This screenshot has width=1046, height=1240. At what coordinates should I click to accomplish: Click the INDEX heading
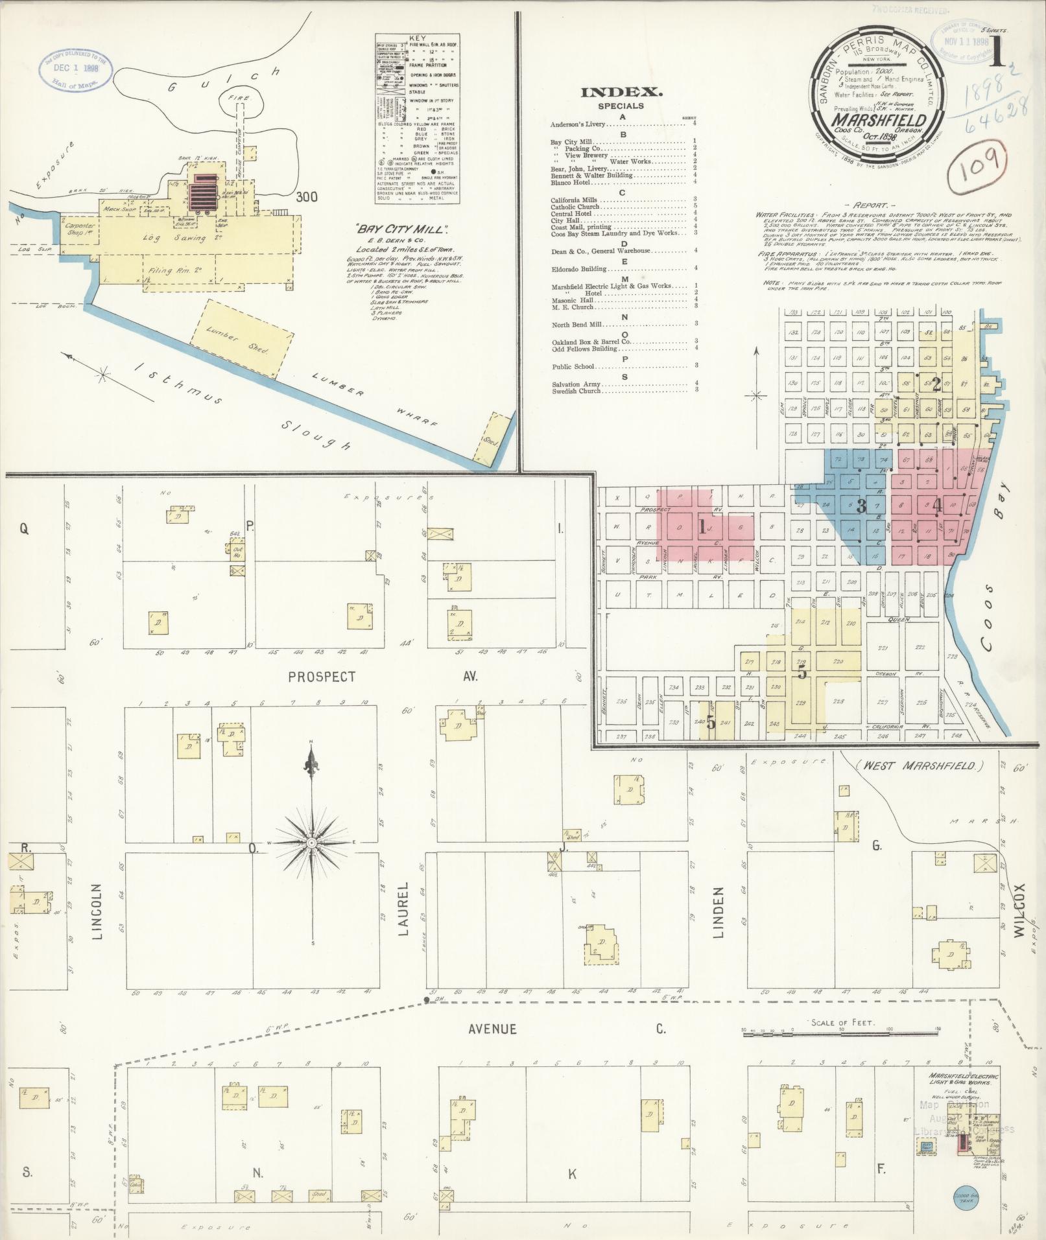point(621,92)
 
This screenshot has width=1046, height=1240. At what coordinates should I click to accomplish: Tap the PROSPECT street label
point(322,677)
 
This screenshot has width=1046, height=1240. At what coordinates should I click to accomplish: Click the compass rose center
point(312,842)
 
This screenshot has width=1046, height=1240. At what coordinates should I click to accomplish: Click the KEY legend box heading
point(418,38)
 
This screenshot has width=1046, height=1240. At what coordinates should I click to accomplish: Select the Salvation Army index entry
point(576,384)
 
